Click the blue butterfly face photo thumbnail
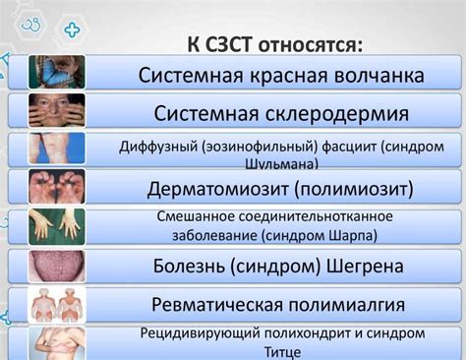tap(56, 71)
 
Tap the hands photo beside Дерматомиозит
tap(56, 184)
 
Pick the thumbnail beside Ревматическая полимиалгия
tap(56, 304)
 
